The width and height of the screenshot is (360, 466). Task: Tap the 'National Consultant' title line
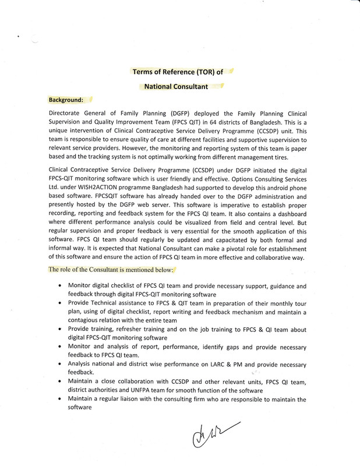(176, 87)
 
